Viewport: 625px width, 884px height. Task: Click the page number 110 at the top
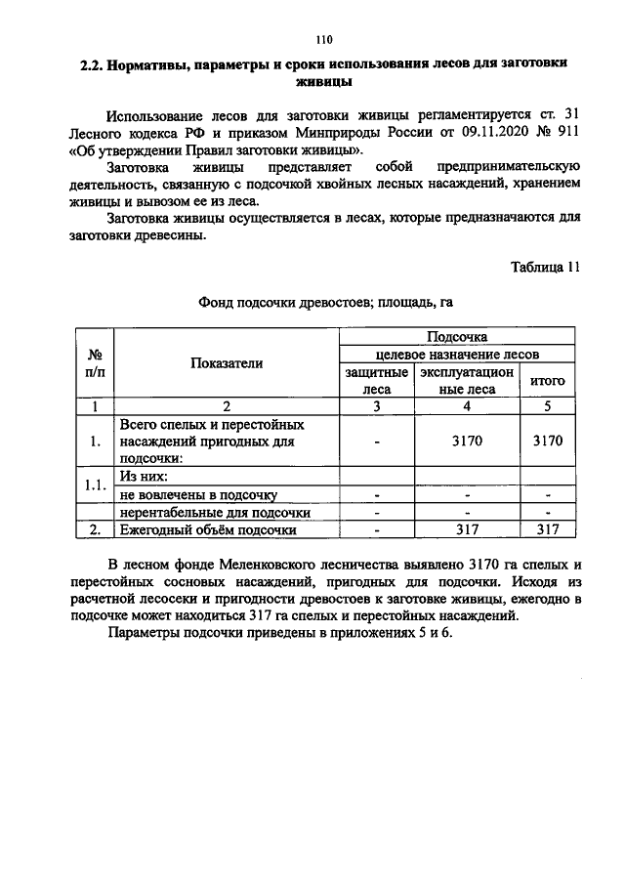(x=324, y=40)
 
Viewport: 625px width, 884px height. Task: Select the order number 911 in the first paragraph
(x=567, y=133)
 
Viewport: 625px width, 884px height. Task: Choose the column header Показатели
(x=227, y=363)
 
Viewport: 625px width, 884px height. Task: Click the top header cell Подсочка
(x=457, y=337)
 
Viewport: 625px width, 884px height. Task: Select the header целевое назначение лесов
(x=457, y=355)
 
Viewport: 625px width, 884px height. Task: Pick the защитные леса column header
(x=376, y=381)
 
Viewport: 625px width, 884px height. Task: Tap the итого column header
(x=547, y=381)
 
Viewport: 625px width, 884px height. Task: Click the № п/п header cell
(x=96, y=363)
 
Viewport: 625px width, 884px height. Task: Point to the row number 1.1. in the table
(x=96, y=485)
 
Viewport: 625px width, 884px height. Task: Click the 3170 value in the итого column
(x=547, y=442)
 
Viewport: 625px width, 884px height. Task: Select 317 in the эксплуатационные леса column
(x=468, y=529)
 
